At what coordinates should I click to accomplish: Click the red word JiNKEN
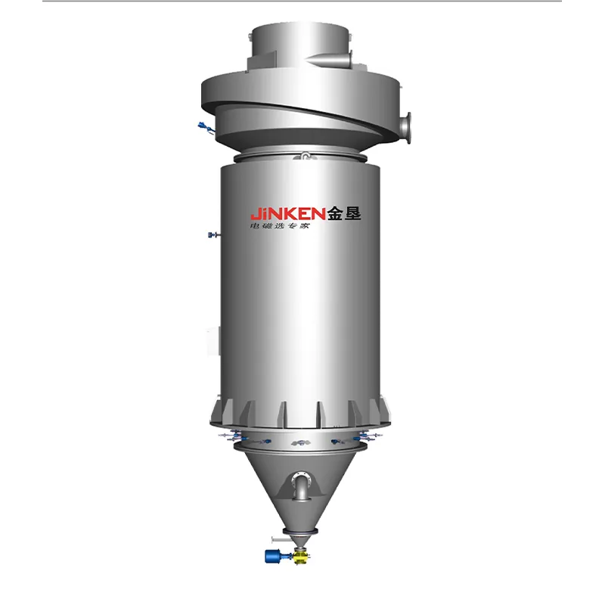tap(288, 213)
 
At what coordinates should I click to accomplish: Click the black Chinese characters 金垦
tap(344, 213)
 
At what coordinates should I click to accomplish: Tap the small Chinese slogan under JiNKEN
tap(280, 225)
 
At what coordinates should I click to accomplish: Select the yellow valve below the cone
tap(300, 557)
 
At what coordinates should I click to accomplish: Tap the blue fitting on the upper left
tap(206, 128)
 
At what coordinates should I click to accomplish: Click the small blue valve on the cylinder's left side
tap(213, 234)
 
